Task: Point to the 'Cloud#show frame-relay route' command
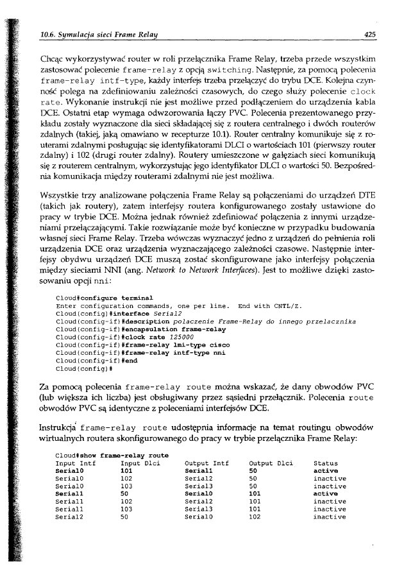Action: pyautogui.click(x=112, y=454)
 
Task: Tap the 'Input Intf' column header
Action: pyautogui.click(x=76, y=462)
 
